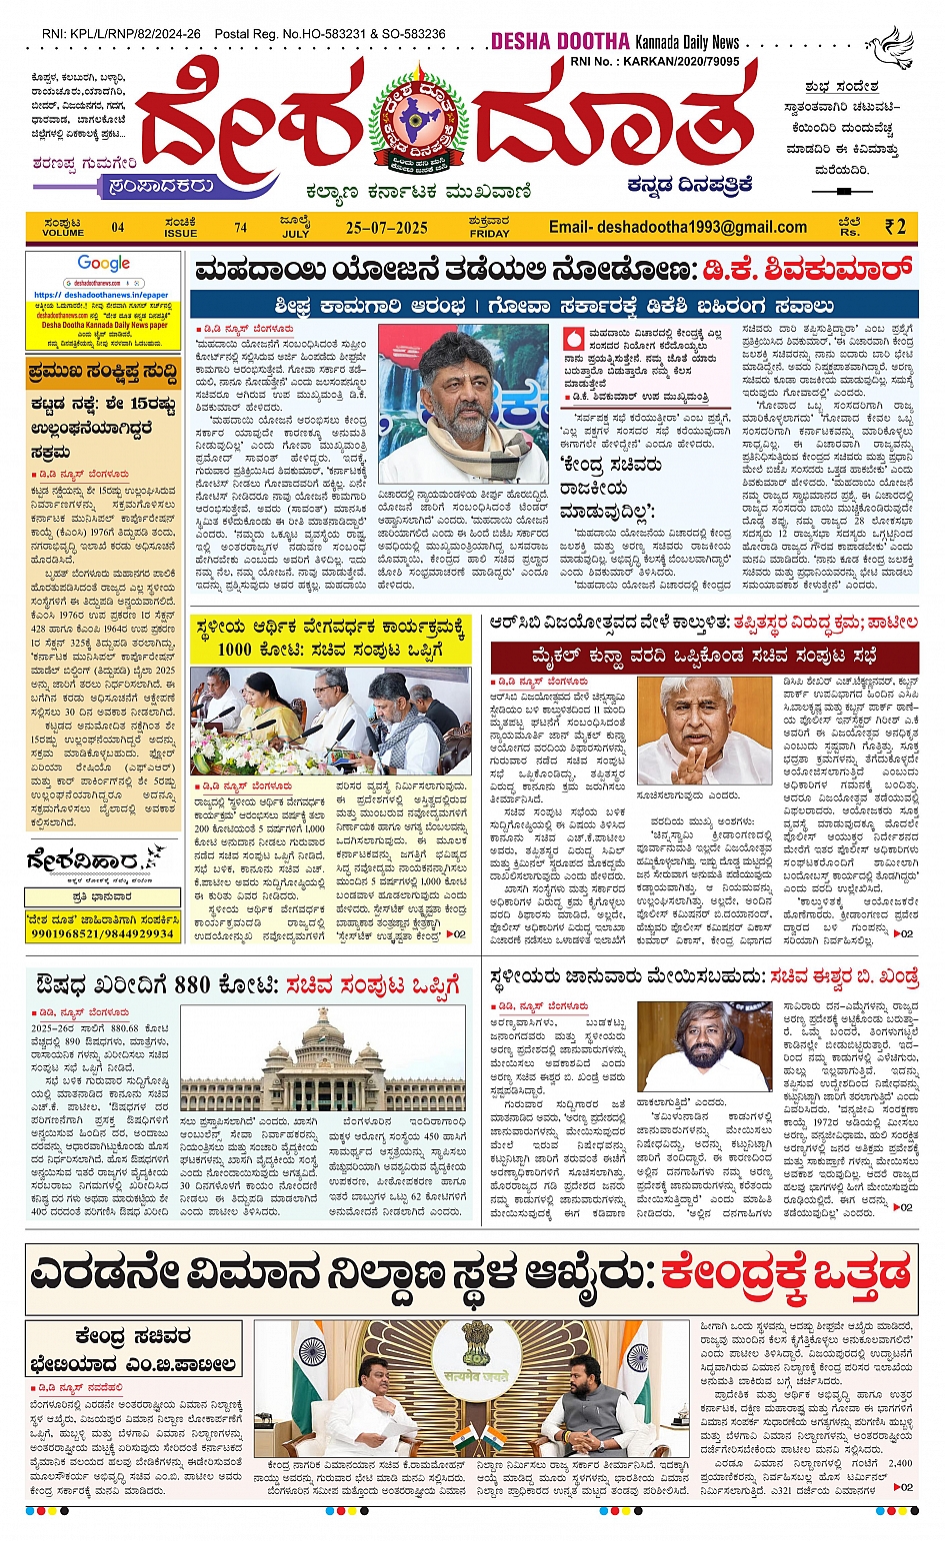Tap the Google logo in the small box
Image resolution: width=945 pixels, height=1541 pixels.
[x=104, y=264]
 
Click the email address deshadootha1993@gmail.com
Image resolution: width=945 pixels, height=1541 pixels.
[x=677, y=227]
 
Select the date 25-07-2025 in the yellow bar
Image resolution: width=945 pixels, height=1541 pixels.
[x=386, y=228]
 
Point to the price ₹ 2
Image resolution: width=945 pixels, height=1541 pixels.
[x=895, y=227]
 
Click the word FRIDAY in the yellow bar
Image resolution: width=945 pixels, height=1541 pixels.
[x=489, y=233]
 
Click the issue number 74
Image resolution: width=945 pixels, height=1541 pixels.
[x=240, y=228]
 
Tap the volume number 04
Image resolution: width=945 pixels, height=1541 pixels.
[x=118, y=228]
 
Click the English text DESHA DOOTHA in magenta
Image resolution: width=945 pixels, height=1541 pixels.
[x=559, y=42]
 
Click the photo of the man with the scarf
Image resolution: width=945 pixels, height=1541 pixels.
[x=463, y=404]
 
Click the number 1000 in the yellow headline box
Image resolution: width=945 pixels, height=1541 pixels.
[x=235, y=649]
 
